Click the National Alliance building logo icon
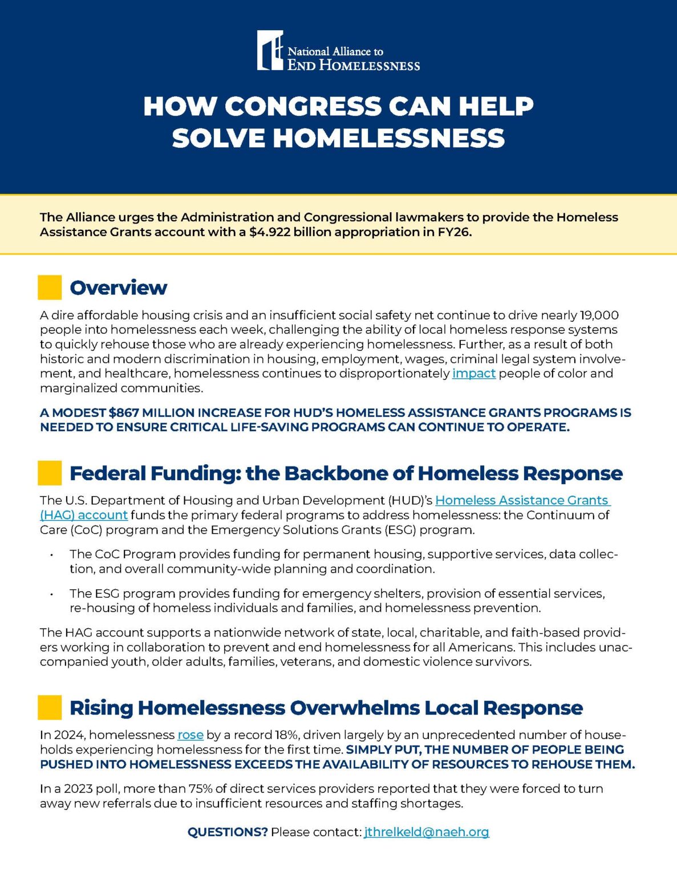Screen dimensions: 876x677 270,51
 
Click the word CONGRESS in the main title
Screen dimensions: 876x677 303,107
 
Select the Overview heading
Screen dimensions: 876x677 118,287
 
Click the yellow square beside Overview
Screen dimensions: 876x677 50,287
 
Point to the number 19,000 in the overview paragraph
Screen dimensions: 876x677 599,315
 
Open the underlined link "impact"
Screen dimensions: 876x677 474,374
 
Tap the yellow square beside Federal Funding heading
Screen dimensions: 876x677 50,473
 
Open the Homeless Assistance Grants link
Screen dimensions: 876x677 522,501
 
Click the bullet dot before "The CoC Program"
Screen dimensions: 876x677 52,555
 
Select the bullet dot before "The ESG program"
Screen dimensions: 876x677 52,594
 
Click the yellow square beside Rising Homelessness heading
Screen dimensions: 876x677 50,707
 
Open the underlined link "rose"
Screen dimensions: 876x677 190,735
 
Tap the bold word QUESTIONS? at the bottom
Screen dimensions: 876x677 228,832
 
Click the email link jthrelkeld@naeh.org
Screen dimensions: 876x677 427,832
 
